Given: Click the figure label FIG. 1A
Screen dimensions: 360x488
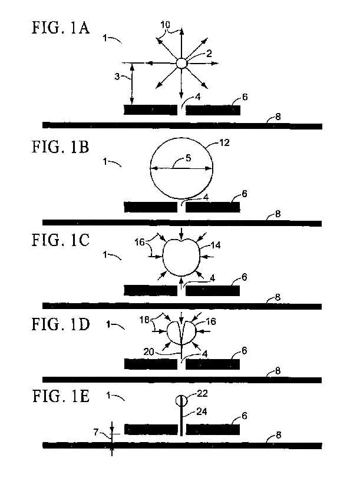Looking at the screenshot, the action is pos(61,28).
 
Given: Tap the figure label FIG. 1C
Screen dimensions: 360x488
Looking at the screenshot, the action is pos(61,240).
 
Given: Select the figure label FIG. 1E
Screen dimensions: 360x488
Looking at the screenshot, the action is pos(61,396).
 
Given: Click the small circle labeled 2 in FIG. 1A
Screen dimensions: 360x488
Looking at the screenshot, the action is pos(181,63).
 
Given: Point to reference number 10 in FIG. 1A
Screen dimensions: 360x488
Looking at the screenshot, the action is pos(166,25).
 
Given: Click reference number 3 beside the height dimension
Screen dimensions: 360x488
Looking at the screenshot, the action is pos(117,77).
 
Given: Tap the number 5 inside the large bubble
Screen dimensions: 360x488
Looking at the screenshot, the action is pos(188,158).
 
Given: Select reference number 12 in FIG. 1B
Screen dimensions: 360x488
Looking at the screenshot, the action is pos(224,142).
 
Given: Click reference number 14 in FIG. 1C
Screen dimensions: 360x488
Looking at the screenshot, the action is pos(216,245).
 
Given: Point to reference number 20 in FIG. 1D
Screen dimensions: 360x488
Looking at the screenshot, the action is pos(148,351).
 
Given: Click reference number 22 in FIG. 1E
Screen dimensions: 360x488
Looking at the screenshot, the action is pos(203,394).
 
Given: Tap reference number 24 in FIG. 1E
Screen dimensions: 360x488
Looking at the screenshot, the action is pos(202,411).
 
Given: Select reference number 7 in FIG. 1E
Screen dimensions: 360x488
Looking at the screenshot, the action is pos(96,432).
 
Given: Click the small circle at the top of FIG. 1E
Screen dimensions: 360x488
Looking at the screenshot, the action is pos(181,400).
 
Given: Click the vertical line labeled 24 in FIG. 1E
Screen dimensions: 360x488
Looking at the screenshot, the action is pos(181,421).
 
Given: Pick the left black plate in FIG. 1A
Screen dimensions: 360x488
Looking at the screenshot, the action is pos(150,110).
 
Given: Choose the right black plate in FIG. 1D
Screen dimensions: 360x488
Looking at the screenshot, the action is pos(213,364).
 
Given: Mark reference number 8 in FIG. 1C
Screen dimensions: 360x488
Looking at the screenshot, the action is pos(278,297).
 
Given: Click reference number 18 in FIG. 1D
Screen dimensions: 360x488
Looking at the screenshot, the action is pos(144,320).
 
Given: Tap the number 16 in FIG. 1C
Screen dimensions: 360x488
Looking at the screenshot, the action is pos(140,242).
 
